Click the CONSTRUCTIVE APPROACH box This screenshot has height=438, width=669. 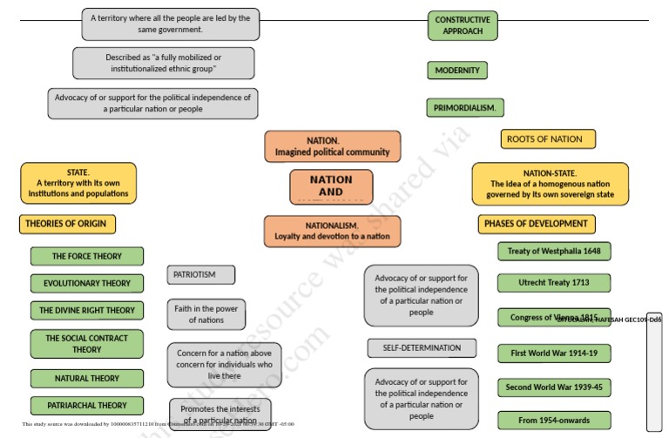coord(462,25)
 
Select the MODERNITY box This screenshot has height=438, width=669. coord(457,71)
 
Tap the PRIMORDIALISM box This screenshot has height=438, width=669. coord(465,108)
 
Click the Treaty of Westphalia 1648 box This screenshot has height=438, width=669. coord(554,252)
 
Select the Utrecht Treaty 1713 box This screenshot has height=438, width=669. coord(554,283)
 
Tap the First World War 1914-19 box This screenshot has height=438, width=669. coord(554,354)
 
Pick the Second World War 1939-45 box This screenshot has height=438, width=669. coord(554,387)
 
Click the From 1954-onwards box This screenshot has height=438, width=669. coord(554,420)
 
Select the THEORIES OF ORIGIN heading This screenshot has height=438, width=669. coord(66,224)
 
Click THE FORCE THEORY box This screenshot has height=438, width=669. coord(87,256)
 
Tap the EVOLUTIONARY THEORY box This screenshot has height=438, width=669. coord(87,284)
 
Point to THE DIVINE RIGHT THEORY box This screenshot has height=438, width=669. coord(87,310)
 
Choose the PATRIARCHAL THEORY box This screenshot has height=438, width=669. coord(87,405)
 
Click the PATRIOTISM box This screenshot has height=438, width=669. coord(201,275)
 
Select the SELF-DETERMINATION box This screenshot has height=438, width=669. coord(422,348)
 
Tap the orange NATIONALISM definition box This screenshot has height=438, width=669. coord(332,231)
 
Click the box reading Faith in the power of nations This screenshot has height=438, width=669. coord(206,313)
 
